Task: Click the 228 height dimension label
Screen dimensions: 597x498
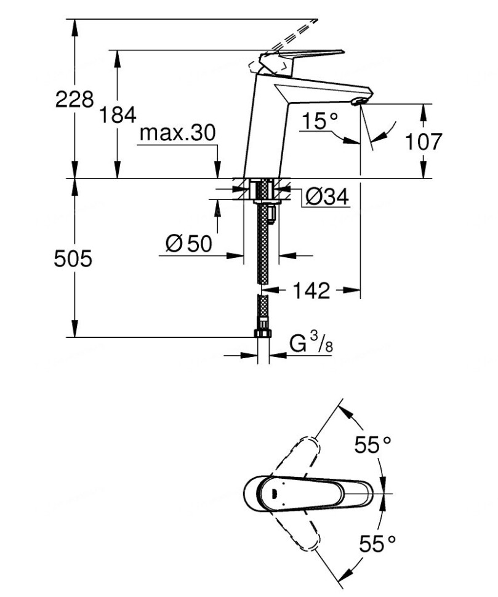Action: (x=74, y=100)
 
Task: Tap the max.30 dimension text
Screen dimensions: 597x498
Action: (x=178, y=133)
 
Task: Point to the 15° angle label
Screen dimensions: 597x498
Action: (x=319, y=121)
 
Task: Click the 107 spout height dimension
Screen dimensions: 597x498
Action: (x=424, y=142)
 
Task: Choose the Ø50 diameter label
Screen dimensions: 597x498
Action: (x=189, y=244)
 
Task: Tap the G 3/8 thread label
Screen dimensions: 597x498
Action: (x=311, y=345)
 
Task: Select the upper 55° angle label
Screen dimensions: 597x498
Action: (x=372, y=445)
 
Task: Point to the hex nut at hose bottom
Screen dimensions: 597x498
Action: (x=262, y=334)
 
